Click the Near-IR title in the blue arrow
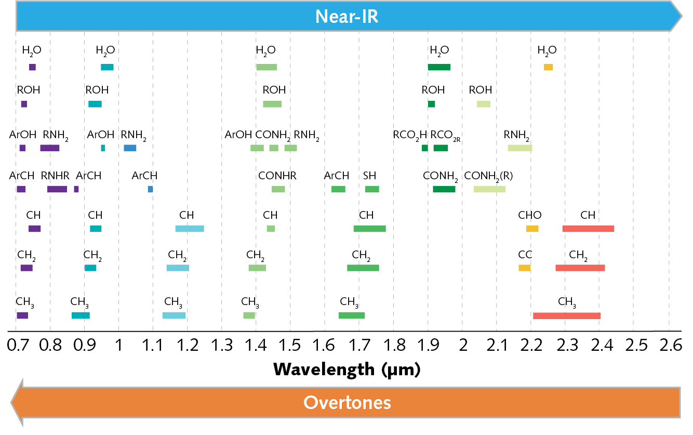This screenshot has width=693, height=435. (346, 17)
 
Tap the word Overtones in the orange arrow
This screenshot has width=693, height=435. (346, 402)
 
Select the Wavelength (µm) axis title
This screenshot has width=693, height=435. (346, 370)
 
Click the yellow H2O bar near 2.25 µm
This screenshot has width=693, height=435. (548, 67)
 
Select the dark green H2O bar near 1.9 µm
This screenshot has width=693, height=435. (439, 67)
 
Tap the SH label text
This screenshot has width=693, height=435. (370, 176)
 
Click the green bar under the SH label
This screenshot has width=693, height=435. (372, 189)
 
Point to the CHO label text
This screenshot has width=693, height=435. (529, 215)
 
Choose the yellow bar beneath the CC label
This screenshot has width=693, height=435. (525, 268)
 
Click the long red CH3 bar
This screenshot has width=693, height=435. (567, 315)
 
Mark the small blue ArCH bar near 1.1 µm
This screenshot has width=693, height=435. (151, 189)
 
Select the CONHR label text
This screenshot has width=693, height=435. (277, 176)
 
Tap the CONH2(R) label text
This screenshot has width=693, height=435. (488, 176)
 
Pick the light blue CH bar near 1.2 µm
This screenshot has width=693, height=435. (190, 229)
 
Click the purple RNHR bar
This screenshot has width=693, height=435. (57, 189)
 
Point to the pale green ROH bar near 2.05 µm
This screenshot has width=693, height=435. (484, 104)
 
